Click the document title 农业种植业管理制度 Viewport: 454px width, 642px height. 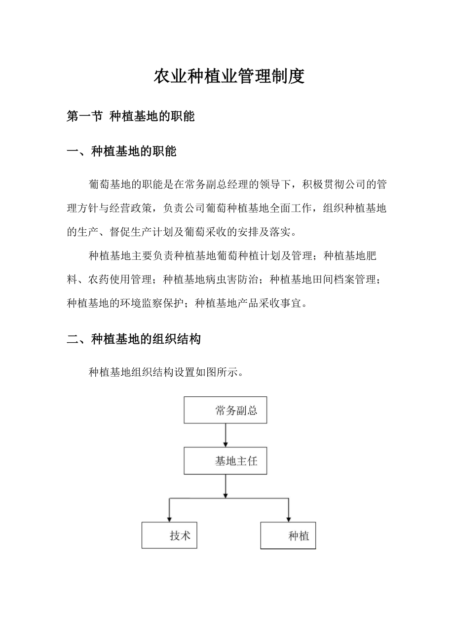click(x=229, y=77)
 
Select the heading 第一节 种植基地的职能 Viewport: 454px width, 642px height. click(x=130, y=116)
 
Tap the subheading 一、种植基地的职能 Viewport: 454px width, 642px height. click(x=121, y=151)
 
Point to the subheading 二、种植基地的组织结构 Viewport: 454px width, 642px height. click(x=134, y=339)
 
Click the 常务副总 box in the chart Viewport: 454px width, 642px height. click(x=226, y=410)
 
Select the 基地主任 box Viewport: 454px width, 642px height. click(x=226, y=461)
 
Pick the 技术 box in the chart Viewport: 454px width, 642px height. click(x=169, y=535)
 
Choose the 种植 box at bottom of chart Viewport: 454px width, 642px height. click(x=288, y=536)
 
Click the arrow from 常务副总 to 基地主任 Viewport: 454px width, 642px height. click(x=226, y=435)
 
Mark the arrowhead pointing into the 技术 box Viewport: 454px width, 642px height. click(x=169, y=519)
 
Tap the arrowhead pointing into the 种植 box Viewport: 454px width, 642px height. click(x=288, y=519)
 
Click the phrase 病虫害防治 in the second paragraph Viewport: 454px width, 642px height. click(x=237, y=279)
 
